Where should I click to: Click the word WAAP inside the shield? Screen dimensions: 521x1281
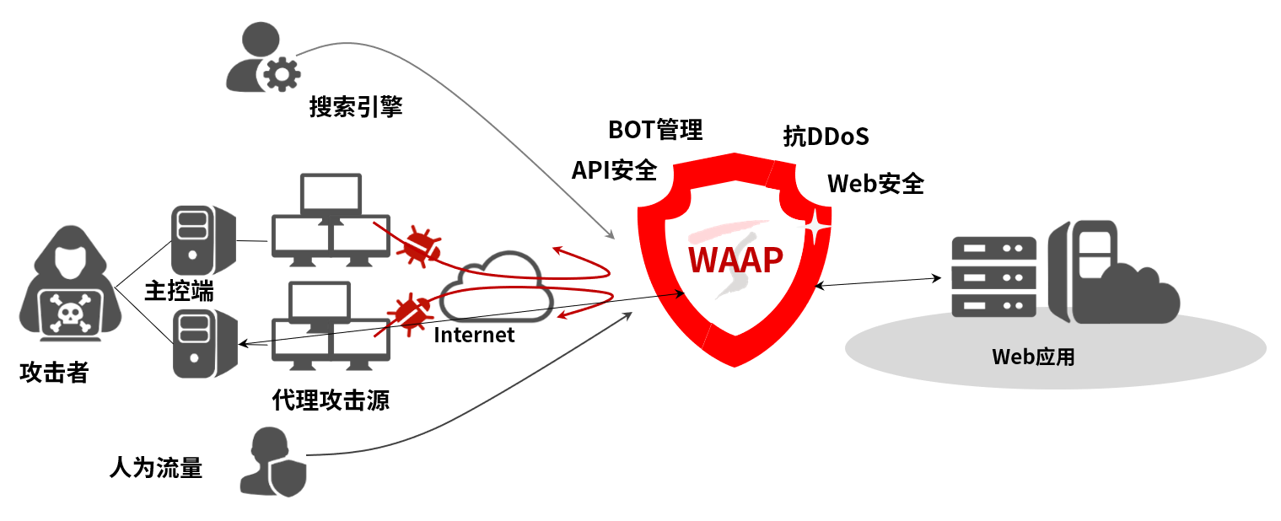(x=735, y=260)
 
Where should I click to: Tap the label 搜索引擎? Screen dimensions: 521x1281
(x=356, y=107)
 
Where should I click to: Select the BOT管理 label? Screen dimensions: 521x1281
(x=655, y=130)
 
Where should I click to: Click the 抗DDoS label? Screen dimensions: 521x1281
(x=826, y=136)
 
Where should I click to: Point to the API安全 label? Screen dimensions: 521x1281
(x=614, y=170)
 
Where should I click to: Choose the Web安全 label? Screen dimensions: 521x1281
(x=875, y=184)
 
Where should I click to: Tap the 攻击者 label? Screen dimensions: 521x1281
(x=54, y=373)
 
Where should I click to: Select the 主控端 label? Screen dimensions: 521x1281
(x=179, y=292)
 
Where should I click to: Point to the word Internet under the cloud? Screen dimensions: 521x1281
(x=474, y=336)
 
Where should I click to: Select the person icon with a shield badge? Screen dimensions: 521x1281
(x=272, y=463)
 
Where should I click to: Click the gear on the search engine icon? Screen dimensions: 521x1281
(x=280, y=74)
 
